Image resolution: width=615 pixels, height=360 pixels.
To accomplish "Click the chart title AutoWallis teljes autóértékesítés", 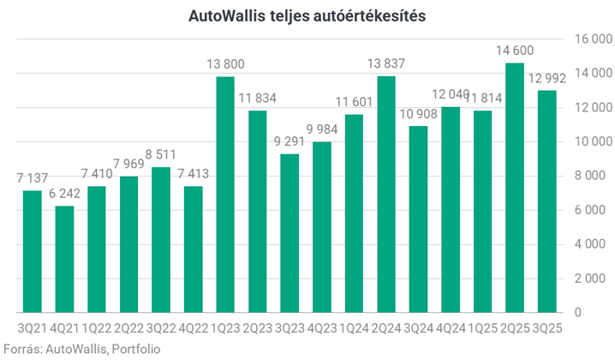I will pos(307,15).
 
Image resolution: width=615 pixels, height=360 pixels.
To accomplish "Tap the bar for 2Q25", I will pos(514,188).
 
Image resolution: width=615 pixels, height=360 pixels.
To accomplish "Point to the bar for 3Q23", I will pos(290,232).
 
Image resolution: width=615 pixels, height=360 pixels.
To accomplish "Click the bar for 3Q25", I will pos(546,201).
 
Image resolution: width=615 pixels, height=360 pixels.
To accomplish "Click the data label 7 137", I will pos(33,178).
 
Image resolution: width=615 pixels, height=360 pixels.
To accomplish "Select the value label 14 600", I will pos(514,51).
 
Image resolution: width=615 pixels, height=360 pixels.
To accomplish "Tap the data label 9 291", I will pos(290,141).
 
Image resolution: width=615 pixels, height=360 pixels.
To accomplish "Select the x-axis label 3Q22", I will pos(161,329).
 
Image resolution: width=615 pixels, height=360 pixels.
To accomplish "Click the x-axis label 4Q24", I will pos(450,329).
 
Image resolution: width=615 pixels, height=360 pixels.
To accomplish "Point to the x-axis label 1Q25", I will pos(482,329).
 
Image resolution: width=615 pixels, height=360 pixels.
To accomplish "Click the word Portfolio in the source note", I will pos(136,348).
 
